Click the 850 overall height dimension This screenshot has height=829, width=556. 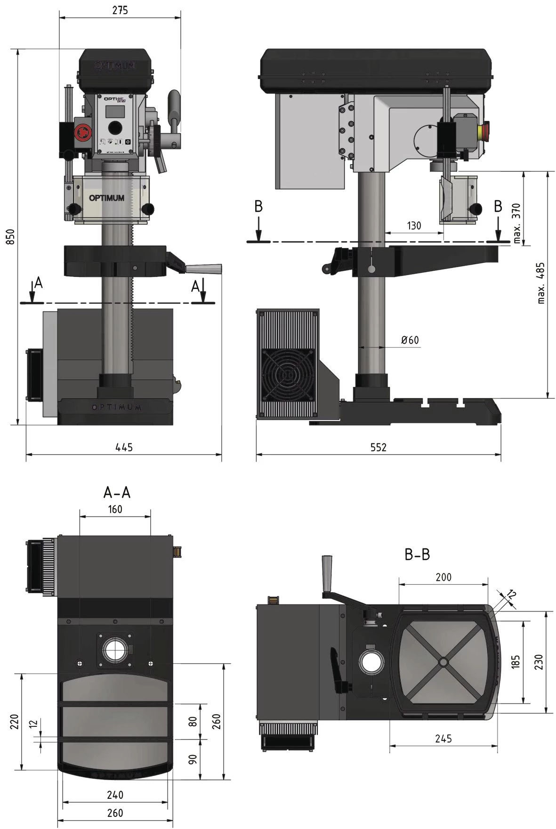(10, 236)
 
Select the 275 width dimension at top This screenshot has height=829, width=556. (120, 10)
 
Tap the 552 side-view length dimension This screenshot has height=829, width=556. (378, 447)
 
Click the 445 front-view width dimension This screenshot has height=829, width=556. (124, 447)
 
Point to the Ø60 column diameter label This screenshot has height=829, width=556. (410, 340)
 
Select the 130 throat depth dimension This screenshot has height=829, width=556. (414, 225)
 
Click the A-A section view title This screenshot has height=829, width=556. (116, 492)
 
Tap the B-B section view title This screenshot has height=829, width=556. (417, 555)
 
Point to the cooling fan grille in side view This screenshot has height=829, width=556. (288, 375)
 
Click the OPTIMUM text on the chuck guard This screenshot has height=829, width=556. (107, 198)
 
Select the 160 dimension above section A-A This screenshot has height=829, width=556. (115, 509)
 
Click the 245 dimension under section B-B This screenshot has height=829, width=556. (443, 739)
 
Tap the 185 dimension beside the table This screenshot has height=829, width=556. (516, 661)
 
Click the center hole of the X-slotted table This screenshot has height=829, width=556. (443, 661)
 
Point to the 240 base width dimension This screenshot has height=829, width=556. (115, 795)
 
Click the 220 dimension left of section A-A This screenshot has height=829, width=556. (14, 721)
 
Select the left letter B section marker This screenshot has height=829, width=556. (258, 206)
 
